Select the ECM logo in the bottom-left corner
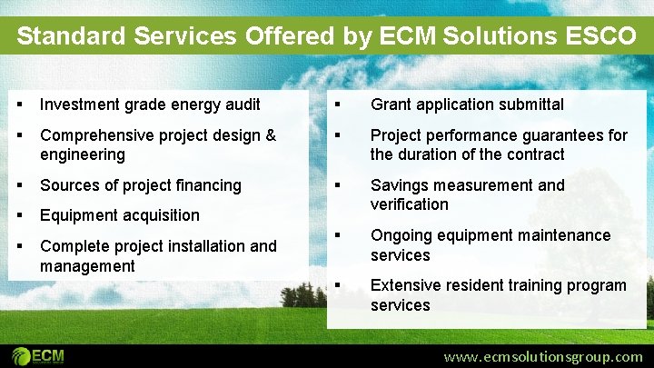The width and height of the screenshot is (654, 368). [x=38, y=354]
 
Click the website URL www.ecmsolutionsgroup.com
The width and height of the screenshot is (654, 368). [x=542, y=356]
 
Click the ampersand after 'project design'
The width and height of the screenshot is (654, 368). [x=271, y=135]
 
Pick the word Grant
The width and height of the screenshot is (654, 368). [x=391, y=104]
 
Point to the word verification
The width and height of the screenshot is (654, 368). [x=409, y=204]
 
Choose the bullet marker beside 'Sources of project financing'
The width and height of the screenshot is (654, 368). [x=20, y=185]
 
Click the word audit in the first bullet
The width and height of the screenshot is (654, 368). [x=241, y=104]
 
